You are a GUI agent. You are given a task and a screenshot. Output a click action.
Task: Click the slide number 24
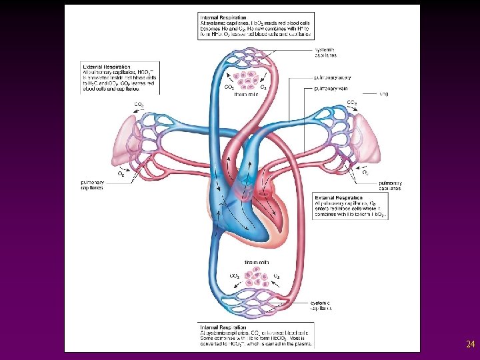tap(470, 345)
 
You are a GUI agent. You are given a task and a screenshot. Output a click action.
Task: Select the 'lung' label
tap(383, 94)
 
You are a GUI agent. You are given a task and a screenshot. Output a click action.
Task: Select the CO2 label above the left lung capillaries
tap(139, 105)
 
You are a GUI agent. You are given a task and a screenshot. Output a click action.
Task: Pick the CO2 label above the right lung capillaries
tap(351, 103)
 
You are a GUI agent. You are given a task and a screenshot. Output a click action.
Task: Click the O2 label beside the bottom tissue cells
tap(277, 275)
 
